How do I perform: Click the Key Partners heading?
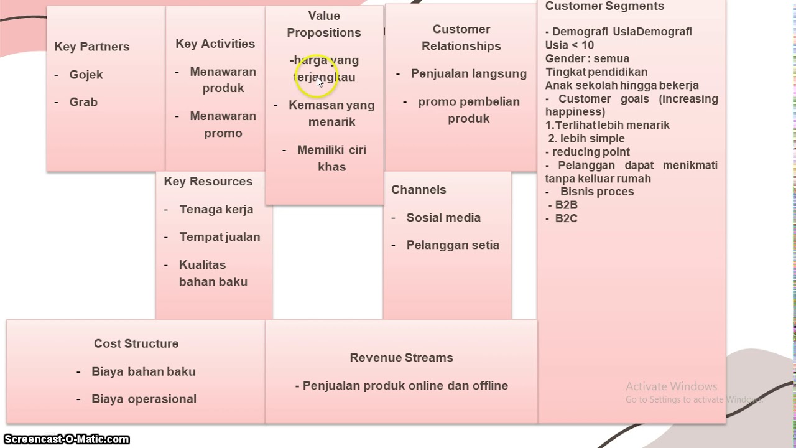[x=92, y=47]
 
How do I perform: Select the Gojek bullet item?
[x=86, y=75]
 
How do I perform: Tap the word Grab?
[x=83, y=102]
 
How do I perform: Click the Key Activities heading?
[x=215, y=44]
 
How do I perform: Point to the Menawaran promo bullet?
[x=223, y=124]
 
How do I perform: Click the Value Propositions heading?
[x=324, y=24]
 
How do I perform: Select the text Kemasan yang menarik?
[x=331, y=113]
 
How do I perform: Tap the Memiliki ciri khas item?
[x=331, y=158]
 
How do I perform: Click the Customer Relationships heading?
[x=461, y=37]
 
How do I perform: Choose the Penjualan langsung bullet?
[x=468, y=73]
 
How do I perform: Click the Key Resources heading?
[x=208, y=182]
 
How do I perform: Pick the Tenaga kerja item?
[x=216, y=210]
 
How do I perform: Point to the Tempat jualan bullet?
[x=220, y=237]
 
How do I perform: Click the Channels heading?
[x=419, y=190]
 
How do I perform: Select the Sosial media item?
[x=443, y=218]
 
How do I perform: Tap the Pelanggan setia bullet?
[x=453, y=245]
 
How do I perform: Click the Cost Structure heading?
[x=136, y=343]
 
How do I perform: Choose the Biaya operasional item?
[x=144, y=399]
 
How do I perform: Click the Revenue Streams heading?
[x=402, y=358]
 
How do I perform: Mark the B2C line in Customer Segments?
[x=566, y=218]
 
